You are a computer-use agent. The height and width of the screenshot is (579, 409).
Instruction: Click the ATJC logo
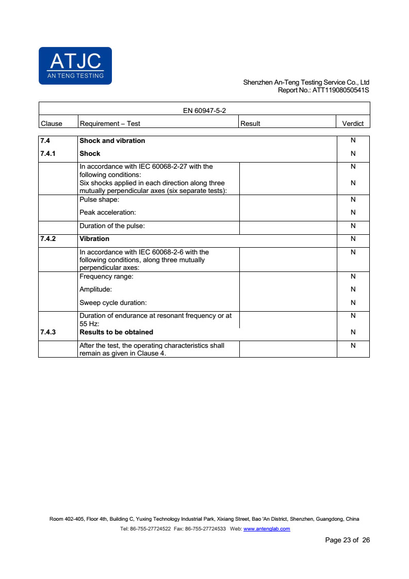coord(75,66)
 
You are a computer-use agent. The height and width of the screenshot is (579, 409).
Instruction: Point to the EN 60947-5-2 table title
coord(205,110)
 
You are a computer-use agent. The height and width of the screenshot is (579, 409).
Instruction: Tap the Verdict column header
coord(353,123)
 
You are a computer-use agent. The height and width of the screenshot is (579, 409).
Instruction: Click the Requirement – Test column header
coord(110,123)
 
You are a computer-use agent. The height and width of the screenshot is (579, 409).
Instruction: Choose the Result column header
coord(251,123)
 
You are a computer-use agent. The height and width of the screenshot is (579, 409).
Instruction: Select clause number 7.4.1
coord(48,153)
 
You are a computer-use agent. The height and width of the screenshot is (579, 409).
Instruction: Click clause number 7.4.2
coord(48,239)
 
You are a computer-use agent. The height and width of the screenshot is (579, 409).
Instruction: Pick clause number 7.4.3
coord(48,332)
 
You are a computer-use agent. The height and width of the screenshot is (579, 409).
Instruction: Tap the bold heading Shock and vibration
coord(112,140)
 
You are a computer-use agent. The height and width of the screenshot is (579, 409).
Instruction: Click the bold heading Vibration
coord(94,239)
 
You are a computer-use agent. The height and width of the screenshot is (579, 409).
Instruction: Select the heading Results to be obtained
coord(116,332)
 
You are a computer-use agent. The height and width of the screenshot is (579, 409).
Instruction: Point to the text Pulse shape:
coord(99,199)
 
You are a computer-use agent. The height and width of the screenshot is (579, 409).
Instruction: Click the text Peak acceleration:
coord(107,212)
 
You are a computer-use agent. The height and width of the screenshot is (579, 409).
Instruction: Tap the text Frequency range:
coord(106,277)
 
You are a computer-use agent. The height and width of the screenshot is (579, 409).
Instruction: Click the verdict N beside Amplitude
coord(353,289)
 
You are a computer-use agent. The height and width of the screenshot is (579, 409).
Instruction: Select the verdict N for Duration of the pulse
coord(353,226)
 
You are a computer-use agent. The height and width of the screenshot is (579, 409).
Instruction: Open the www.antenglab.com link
coord(266,529)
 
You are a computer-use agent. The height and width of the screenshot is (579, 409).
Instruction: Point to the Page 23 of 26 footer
coord(347,540)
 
